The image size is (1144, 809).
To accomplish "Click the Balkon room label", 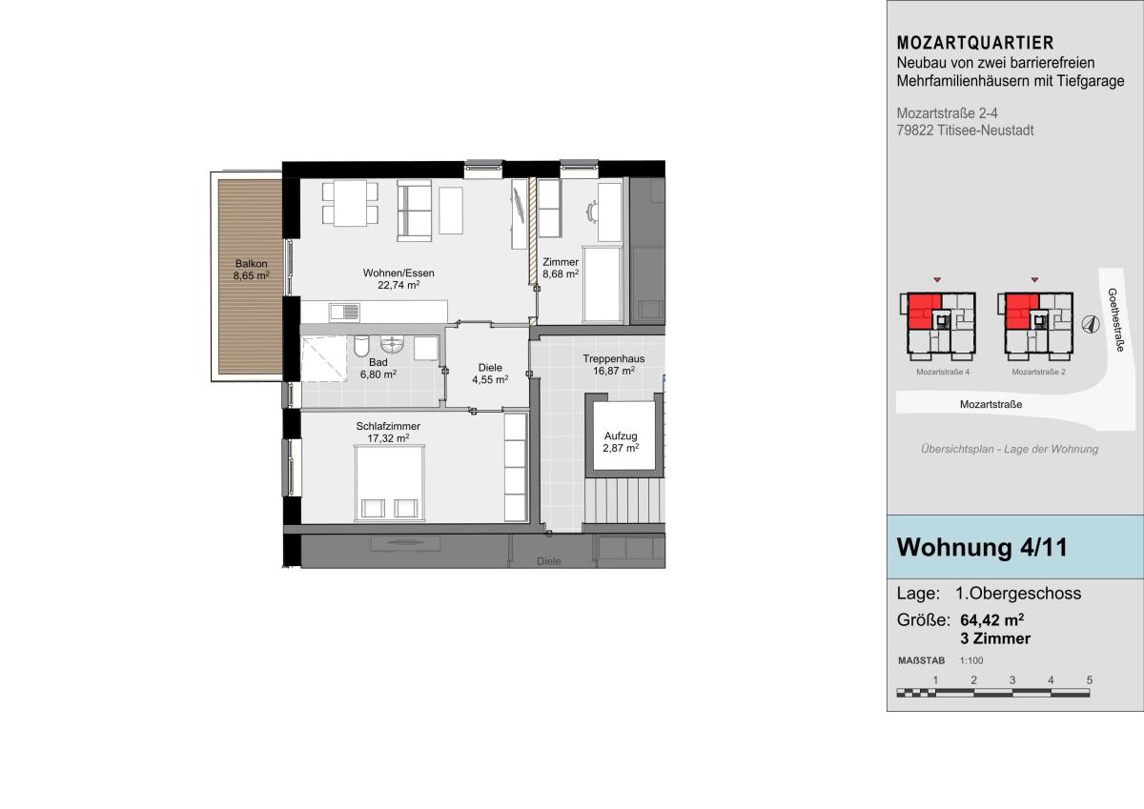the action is (x=252, y=263).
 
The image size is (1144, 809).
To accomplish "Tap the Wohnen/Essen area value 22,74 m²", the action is (x=398, y=285).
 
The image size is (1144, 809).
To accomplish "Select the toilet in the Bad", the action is (x=361, y=346).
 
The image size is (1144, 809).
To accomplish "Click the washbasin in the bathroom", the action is (x=392, y=344).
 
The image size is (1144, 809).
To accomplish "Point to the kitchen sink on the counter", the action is (x=344, y=312).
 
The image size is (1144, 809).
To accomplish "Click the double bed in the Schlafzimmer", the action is (x=390, y=483).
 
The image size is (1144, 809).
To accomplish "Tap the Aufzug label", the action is (x=621, y=435).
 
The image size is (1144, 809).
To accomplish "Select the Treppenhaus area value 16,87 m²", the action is (x=614, y=371).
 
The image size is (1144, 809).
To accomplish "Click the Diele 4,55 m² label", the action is (x=490, y=374).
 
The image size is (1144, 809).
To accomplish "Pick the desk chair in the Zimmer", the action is (x=592, y=212).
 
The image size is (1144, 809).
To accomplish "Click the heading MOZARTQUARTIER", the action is (x=975, y=43).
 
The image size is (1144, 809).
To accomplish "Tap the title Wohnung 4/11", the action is (x=982, y=547).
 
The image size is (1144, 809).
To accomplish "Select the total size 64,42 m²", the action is (x=991, y=619).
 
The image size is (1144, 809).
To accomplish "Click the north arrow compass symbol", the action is (x=1091, y=324).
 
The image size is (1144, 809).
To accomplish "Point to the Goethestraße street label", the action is (x=1116, y=320).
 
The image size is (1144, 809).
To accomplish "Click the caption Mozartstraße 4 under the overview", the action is (x=943, y=372).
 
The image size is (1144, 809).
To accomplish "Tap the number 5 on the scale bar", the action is (x=1090, y=679).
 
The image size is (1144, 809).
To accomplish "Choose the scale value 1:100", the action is (x=971, y=660).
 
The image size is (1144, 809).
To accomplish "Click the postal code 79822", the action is (x=915, y=131).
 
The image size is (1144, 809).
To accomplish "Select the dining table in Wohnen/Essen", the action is (x=351, y=203).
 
